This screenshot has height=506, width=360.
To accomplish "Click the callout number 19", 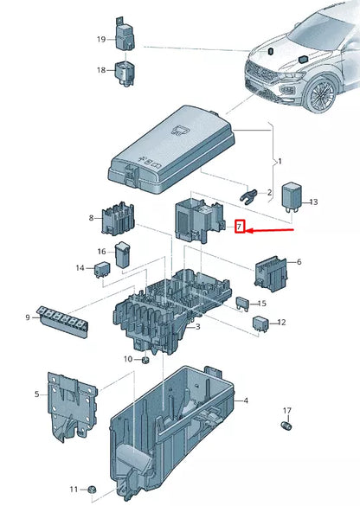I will [100, 40].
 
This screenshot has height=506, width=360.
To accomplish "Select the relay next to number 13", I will [292, 200].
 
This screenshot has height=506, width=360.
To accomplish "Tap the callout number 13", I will [313, 202].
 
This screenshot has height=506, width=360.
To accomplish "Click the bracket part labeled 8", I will [117, 221].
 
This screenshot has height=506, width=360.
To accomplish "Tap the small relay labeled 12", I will [260, 323].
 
